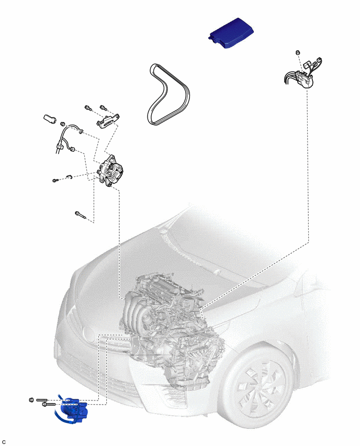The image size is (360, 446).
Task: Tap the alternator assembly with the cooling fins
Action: [110, 171]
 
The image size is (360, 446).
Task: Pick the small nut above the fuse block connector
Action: [298, 53]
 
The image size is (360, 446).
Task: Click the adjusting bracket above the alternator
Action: [108, 121]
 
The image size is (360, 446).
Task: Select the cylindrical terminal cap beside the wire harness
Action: [50, 118]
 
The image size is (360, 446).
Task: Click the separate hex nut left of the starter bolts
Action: [31, 400]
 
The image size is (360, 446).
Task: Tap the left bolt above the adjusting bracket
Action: [88, 108]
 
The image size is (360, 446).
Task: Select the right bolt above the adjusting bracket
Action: [103, 108]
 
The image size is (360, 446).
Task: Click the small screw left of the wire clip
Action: [55, 180]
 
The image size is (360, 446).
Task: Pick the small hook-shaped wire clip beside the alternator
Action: [70, 177]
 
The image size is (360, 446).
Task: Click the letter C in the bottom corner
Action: [4, 442]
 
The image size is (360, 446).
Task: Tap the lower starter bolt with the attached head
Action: [50, 404]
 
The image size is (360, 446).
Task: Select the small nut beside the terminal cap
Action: [63, 124]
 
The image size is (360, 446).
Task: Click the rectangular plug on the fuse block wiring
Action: [307, 64]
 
